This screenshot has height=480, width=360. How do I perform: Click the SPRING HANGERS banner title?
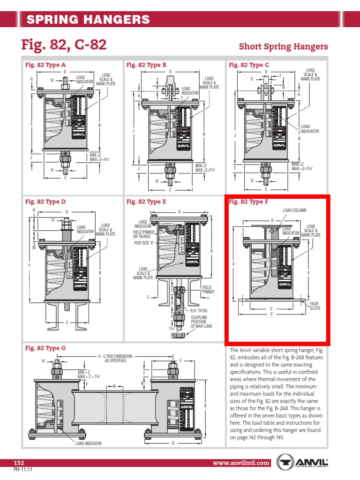[88, 19]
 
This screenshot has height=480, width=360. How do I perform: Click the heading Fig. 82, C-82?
[64, 45]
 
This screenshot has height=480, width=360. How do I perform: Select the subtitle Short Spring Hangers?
[283, 46]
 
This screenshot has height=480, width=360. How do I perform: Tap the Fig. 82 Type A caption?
[45, 65]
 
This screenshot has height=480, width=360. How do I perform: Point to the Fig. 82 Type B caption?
[147, 65]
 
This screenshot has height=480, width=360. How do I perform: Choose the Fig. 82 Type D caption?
[45, 202]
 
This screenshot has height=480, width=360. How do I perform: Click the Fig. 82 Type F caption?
[248, 202]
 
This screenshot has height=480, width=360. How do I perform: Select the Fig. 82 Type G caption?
[45, 348]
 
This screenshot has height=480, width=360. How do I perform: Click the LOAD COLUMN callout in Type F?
[294, 210]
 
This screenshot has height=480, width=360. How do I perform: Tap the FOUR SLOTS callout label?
[314, 306]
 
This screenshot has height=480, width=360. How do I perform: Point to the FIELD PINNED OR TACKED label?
[142, 234]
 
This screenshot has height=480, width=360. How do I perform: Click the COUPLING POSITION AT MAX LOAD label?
[199, 322]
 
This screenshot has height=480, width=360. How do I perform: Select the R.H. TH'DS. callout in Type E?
[199, 310]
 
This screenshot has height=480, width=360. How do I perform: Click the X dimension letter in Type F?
[233, 264]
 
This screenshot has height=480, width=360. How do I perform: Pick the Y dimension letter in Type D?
[29, 266]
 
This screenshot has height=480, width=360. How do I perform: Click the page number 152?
[19, 463]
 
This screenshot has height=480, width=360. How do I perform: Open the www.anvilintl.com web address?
[241, 463]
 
